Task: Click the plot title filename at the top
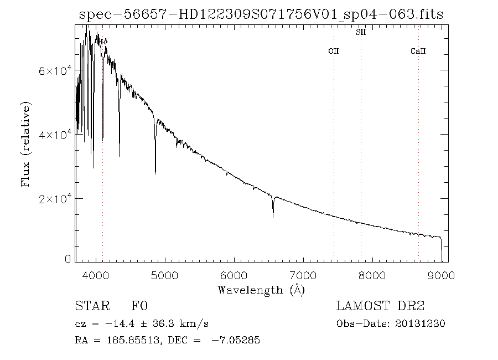pyautogui.click(x=261, y=15)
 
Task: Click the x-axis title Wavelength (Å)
pyautogui.click(x=261, y=290)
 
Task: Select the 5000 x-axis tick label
pyautogui.click(x=165, y=275)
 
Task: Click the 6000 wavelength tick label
pyautogui.click(x=234, y=275)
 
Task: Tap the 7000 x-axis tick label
pyautogui.click(x=303, y=275)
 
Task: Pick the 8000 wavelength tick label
pyautogui.click(x=372, y=275)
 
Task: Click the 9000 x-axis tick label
pyautogui.click(x=441, y=275)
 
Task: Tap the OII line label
pyautogui.click(x=334, y=51)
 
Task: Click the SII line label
pyautogui.click(x=360, y=33)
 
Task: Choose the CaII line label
pyautogui.click(x=418, y=51)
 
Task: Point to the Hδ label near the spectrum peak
pyautogui.click(x=103, y=41)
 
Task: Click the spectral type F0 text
pyautogui.click(x=139, y=306)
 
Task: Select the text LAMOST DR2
pyautogui.click(x=380, y=306)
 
